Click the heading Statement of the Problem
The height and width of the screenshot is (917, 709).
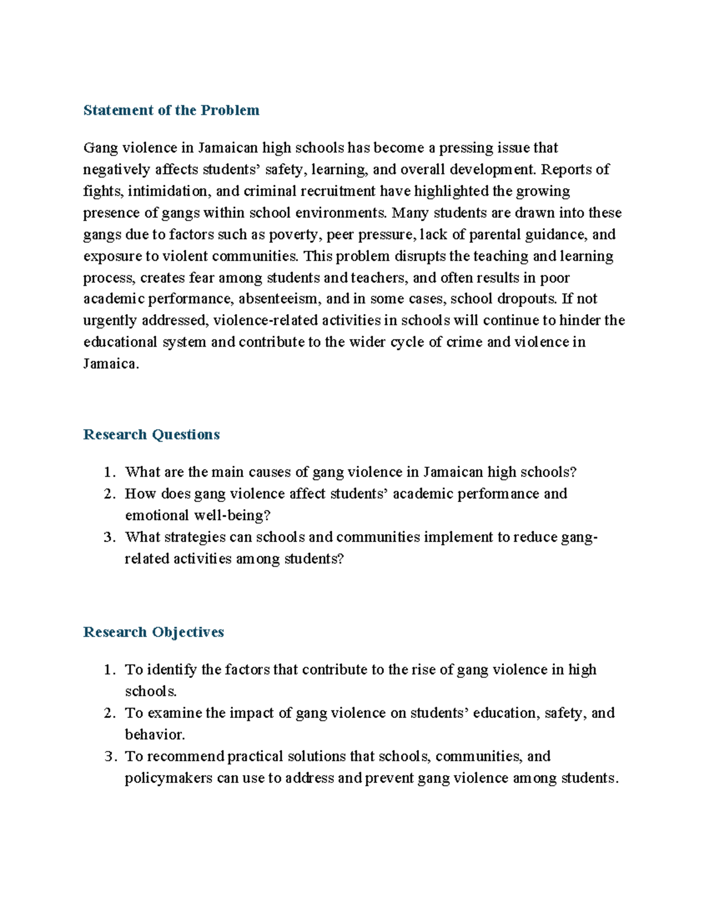(x=171, y=110)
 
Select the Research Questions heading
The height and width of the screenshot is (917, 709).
(x=151, y=435)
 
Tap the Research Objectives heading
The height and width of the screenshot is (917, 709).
(x=154, y=632)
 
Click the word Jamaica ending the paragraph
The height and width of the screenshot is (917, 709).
(x=110, y=364)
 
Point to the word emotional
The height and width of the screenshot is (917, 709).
(x=157, y=515)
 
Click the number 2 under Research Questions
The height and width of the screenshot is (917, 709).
(x=108, y=494)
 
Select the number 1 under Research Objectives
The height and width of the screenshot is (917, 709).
(x=108, y=670)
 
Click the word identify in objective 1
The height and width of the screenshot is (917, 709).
(x=172, y=670)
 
